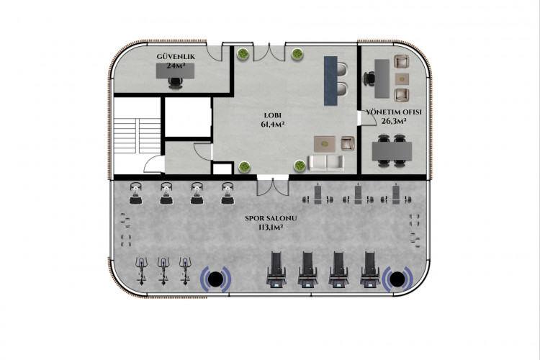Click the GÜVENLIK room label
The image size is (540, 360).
[x=176, y=56]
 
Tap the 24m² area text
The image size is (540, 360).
[x=176, y=66]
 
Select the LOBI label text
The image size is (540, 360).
[x=272, y=115]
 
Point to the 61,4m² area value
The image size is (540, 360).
[x=272, y=124]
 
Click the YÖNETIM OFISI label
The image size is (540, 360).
[x=394, y=112]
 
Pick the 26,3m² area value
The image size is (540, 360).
[x=394, y=121]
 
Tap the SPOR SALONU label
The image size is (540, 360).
[x=271, y=218]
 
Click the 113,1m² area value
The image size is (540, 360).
[x=271, y=227]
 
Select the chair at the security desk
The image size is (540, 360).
[x=176, y=83]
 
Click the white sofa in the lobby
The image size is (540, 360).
[x=325, y=163]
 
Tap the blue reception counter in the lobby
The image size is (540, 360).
[x=330, y=81]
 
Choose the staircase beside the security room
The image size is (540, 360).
[x=137, y=135]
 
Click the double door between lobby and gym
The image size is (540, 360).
[x=273, y=186]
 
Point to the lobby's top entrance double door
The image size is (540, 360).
[x=269, y=53]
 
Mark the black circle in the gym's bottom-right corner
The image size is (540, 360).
[x=397, y=279]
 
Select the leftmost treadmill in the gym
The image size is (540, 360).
[x=276, y=269]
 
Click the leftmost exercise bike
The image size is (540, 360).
[x=142, y=271]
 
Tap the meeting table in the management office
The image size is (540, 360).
[x=392, y=151]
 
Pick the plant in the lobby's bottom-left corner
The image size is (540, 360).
[x=244, y=167]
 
